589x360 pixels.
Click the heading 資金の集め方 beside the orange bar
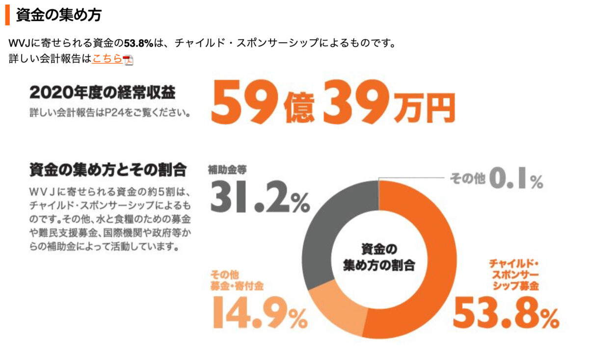point(58,15)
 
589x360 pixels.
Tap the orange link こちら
point(107,59)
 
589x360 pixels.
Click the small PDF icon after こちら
point(128,60)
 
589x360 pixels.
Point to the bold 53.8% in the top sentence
point(139,43)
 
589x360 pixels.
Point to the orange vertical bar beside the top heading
point(7,15)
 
